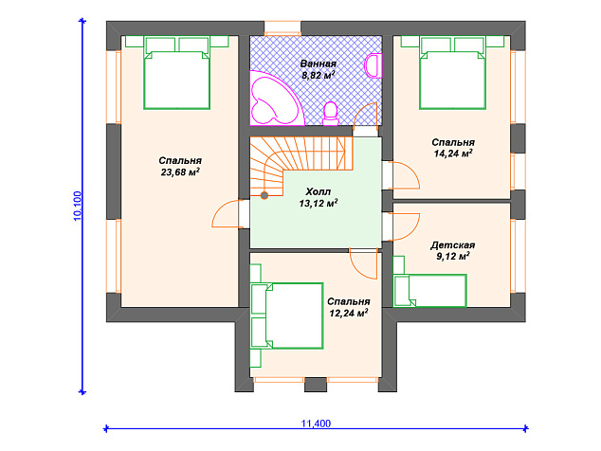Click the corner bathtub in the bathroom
point(273,99)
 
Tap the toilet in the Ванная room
point(331,115)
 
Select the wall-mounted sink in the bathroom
point(373,66)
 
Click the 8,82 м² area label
point(319,75)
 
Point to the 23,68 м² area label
point(180,172)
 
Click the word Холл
point(319,191)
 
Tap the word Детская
point(452,244)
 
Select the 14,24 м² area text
point(453,153)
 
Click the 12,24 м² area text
point(349,313)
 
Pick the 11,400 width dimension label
point(316,424)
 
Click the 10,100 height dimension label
point(78,206)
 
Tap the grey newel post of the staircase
point(264,195)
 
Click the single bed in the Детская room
point(430,290)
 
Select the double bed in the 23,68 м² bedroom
point(176,73)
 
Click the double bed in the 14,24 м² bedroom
point(453,73)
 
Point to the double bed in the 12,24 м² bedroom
point(286,316)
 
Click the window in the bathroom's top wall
point(282,28)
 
